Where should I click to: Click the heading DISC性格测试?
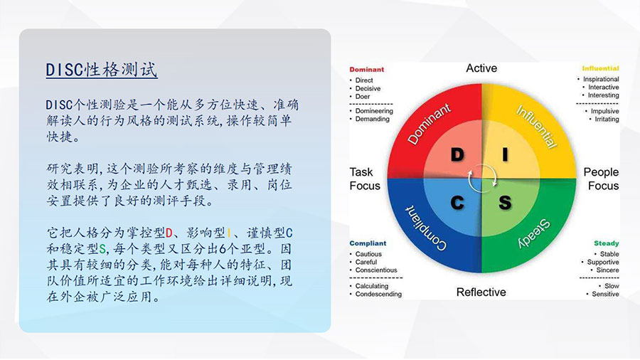(x=102, y=70)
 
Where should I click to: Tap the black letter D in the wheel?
(x=457, y=154)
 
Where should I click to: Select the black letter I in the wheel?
(x=506, y=154)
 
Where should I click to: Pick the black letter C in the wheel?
(x=457, y=203)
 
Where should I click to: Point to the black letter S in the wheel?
(x=505, y=203)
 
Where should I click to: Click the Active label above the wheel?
(x=481, y=68)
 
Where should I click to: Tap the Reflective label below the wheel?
(x=481, y=292)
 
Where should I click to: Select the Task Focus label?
(x=365, y=179)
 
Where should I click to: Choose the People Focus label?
(x=601, y=179)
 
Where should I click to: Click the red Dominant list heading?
(x=366, y=70)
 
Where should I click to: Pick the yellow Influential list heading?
(x=600, y=68)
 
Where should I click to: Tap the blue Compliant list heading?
(x=368, y=243)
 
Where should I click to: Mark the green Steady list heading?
(x=606, y=243)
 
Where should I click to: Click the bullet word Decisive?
(x=368, y=88)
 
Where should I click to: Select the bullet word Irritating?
(x=607, y=120)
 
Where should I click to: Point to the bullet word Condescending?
(x=378, y=295)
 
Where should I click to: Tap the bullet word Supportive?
(x=603, y=262)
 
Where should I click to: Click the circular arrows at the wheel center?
(x=481, y=179)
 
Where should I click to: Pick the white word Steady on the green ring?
(x=534, y=234)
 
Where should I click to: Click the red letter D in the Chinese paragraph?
(x=169, y=233)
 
